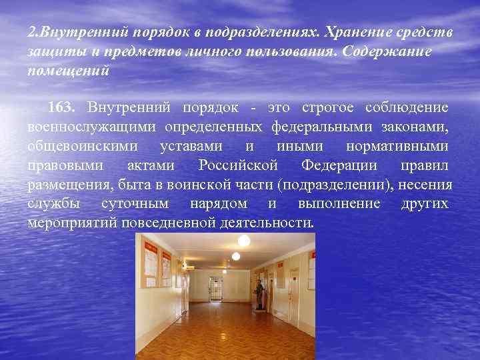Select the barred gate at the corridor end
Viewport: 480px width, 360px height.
pyautogui.click(x=216, y=289)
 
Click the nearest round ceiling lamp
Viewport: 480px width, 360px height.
pyautogui.click(x=244, y=239)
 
